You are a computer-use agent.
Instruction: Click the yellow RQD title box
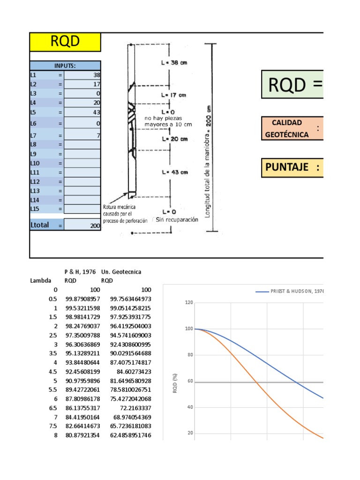click(65, 42)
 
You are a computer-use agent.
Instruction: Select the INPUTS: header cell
click(65, 66)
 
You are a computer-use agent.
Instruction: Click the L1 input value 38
click(82, 75)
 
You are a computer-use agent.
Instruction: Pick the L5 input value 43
click(82, 112)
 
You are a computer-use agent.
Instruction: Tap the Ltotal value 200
click(82, 225)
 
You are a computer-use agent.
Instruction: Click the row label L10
click(36, 164)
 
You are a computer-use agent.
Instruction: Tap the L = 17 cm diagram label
click(173, 95)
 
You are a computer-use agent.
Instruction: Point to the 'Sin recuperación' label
click(177, 219)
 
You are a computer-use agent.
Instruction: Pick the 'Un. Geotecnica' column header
click(121, 272)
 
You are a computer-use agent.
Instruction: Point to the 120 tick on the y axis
click(189, 303)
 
